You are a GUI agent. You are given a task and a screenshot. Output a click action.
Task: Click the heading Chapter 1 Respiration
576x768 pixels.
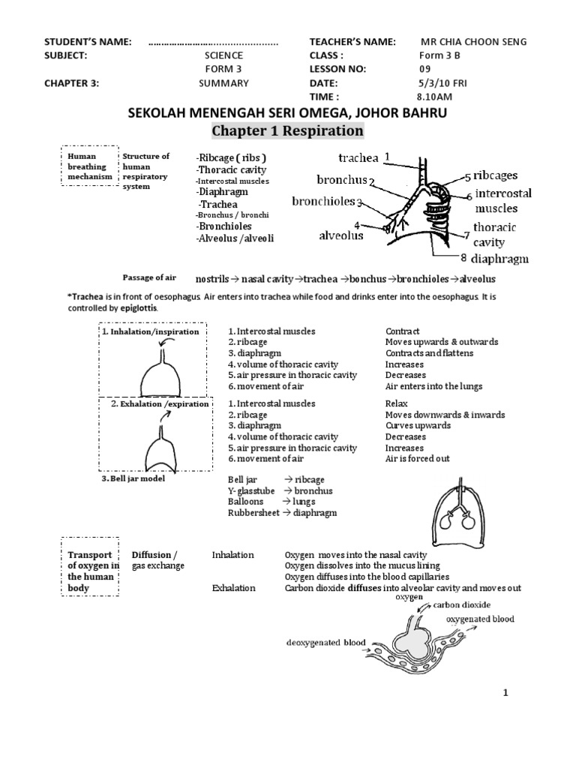click(x=287, y=131)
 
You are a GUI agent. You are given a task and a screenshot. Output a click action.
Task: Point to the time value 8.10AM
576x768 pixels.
click(x=434, y=97)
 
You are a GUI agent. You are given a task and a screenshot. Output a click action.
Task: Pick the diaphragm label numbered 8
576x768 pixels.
click(x=501, y=259)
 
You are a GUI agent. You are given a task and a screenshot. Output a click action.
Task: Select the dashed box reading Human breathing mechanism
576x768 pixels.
click(x=88, y=166)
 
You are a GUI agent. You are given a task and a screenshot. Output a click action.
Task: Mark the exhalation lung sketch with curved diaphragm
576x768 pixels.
click(x=160, y=446)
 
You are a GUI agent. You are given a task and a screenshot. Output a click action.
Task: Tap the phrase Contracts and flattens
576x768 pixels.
click(x=429, y=353)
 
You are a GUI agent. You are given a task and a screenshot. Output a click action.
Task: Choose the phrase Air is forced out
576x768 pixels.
click(x=417, y=458)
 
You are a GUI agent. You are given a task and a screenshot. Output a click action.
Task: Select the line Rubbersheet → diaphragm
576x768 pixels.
click(x=282, y=513)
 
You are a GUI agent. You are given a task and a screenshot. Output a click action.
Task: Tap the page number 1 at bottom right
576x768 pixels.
click(x=506, y=693)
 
